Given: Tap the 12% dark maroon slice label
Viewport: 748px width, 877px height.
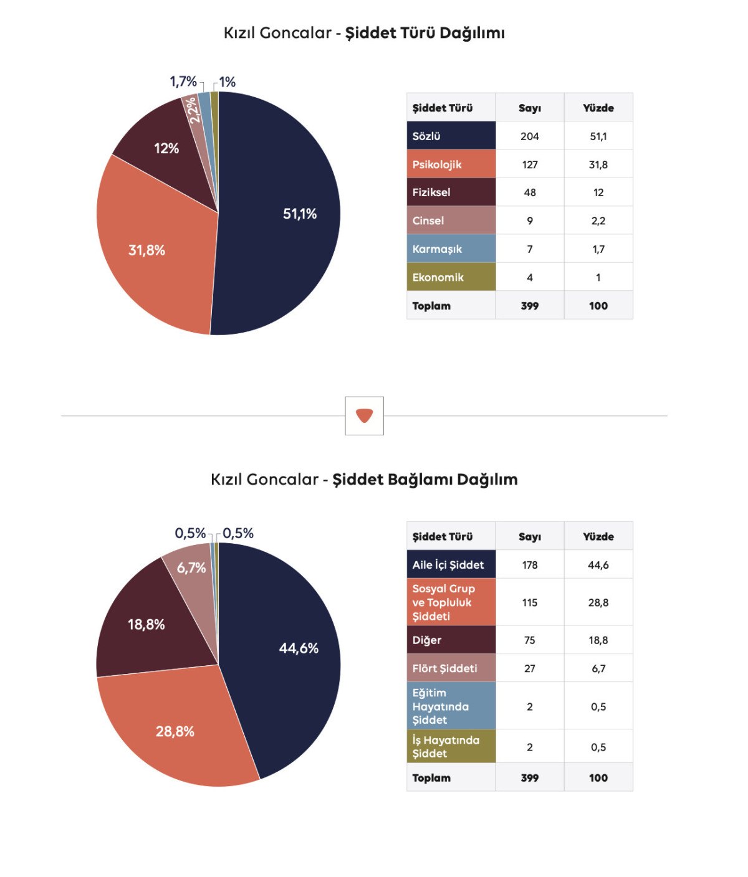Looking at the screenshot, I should pyautogui.click(x=166, y=148).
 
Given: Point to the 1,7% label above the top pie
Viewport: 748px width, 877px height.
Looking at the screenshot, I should pyautogui.click(x=183, y=82).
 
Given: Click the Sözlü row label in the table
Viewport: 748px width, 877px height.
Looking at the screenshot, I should pyautogui.click(x=427, y=136).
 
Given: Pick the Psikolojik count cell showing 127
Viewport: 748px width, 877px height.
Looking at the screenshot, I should pyautogui.click(x=530, y=164).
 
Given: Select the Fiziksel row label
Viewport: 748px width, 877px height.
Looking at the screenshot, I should pyautogui.click(x=431, y=192).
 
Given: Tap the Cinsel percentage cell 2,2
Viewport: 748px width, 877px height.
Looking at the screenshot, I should pyautogui.click(x=598, y=220).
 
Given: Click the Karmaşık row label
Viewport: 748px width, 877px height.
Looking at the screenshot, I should pyautogui.click(x=437, y=249).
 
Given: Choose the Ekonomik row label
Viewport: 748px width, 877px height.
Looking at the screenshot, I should pyautogui.click(x=438, y=277).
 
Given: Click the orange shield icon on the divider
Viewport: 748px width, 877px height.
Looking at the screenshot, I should pyautogui.click(x=364, y=415).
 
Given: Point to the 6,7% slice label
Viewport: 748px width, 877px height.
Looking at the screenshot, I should pyautogui.click(x=191, y=567).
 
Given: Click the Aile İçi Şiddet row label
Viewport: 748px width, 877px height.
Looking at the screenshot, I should pyautogui.click(x=448, y=565).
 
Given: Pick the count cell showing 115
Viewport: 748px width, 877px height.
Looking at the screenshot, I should pyautogui.click(x=530, y=602).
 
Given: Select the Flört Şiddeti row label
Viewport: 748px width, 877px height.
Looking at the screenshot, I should pyautogui.click(x=444, y=668).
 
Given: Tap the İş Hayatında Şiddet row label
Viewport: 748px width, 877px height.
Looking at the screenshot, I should pyautogui.click(x=446, y=747).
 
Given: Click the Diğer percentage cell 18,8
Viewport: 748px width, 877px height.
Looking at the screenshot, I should pyautogui.click(x=598, y=640).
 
